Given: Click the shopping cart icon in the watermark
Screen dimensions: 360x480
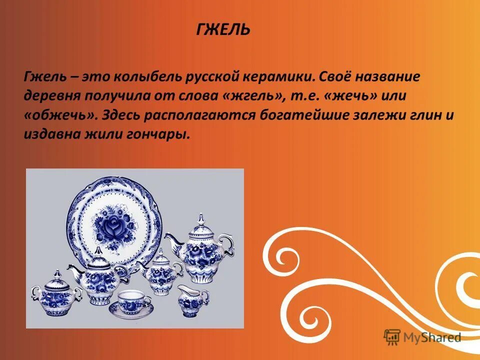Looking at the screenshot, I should click(x=392, y=337).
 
